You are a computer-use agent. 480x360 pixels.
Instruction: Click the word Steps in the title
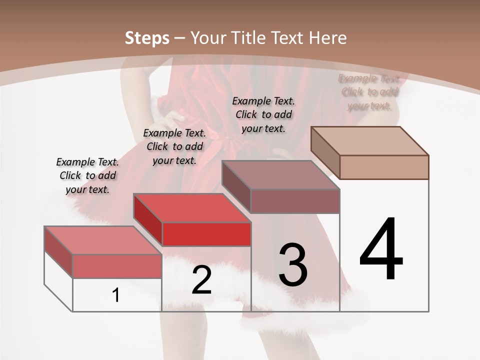(146, 38)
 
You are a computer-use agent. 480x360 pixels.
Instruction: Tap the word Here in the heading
(327, 38)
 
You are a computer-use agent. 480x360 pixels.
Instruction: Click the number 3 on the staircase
(293, 265)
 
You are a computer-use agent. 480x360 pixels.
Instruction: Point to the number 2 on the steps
(201, 280)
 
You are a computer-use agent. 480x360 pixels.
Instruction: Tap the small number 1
(116, 295)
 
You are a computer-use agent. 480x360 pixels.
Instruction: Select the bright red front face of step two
(206, 234)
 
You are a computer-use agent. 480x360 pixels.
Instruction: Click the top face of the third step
(280, 175)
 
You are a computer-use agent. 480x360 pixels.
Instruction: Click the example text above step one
(88, 175)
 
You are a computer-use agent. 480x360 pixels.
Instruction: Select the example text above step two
(174, 146)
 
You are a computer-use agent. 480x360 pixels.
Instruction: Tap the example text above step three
(263, 114)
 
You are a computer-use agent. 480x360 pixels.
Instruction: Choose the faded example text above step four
(369, 92)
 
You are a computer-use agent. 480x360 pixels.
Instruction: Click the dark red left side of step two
(148, 220)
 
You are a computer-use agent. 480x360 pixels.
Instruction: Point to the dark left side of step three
(236, 186)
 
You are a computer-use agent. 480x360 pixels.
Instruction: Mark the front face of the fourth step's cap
(384, 167)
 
